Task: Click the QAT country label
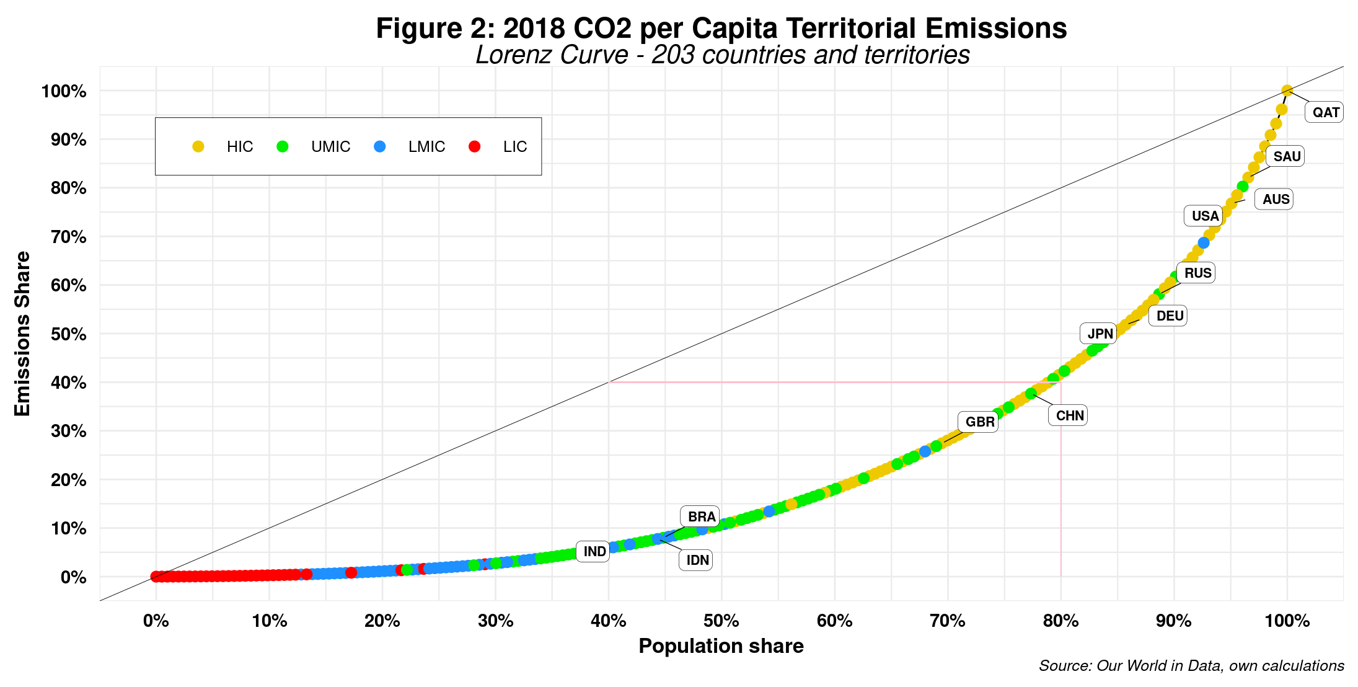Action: (x=1325, y=112)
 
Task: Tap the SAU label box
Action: (x=1286, y=156)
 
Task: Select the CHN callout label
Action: (x=1069, y=415)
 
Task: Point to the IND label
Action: (x=594, y=551)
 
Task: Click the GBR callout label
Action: (x=979, y=422)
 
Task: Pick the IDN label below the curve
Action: (x=697, y=560)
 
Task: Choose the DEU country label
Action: (x=1169, y=316)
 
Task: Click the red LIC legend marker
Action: (x=475, y=147)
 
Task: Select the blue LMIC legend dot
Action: (x=380, y=147)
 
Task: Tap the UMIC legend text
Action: (x=330, y=147)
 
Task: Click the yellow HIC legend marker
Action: (x=198, y=147)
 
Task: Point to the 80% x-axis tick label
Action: (x=1060, y=621)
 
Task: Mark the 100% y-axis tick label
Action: (x=63, y=92)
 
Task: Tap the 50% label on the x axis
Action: (x=721, y=621)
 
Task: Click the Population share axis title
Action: (x=721, y=646)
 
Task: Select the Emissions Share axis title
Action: (x=23, y=334)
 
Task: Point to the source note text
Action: (x=1191, y=666)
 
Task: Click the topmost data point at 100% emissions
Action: (x=1287, y=91)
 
